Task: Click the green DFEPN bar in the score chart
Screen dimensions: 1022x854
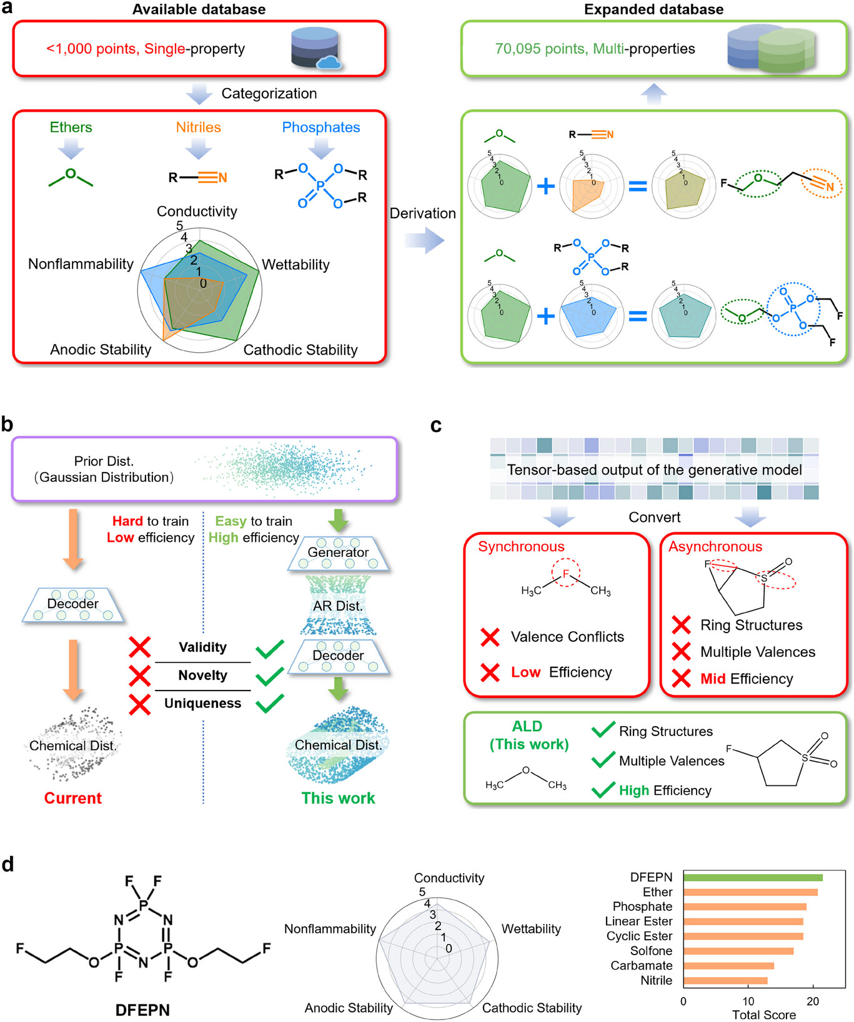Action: click(x=752, y=877)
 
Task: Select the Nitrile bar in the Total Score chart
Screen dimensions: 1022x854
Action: click(x=725, y=981)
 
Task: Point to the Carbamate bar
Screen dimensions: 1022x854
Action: click(x=728, y=966)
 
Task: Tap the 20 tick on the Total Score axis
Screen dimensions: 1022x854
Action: click(x=812, y=1001)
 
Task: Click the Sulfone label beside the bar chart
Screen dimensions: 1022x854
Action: click(x=651, y=951)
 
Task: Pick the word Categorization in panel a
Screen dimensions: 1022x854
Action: click(x=269, y=94)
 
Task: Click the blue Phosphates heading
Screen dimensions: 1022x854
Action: click(x=321, y=127)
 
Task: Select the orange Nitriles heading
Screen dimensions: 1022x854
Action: click(x=198, y=127)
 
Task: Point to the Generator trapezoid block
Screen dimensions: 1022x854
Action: click(x=338, y=553)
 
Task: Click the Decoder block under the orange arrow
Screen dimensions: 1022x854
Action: click(x=73, y=604)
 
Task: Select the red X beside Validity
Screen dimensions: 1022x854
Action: click(x=139, y=647)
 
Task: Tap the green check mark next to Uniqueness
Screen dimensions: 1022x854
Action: click(x=270, y=704)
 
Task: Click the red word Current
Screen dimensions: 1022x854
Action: click(x=72, y=798)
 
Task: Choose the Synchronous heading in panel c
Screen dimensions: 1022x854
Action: click(x=521, y=547)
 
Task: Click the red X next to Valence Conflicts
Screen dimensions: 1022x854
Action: click(x=490, y=637)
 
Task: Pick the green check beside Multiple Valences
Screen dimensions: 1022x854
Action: click(x=603, y=760)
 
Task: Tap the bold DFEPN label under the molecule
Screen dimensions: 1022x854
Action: click(x=142, y=1010)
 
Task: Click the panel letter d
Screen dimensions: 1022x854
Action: click(x=8, y=865)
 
